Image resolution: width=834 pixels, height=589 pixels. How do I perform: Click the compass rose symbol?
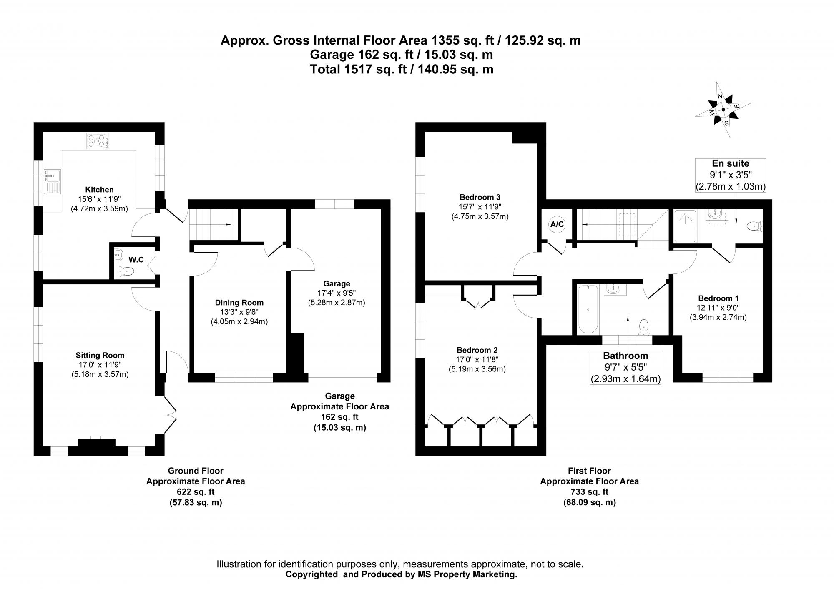pyautogui.click(x=723, y=110)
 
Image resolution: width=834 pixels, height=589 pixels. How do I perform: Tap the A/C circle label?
pyautogui.click(x=557, y=225)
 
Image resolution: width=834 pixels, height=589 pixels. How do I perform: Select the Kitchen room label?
pyautogui.click(x=99, y=190)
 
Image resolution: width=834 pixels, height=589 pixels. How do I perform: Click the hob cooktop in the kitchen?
pyautogui.click(x=97, y=141)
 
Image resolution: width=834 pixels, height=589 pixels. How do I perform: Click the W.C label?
pyautogui.click(x=136, y=260)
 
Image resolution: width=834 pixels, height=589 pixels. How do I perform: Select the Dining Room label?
pyautogui.click(x=239, y=303)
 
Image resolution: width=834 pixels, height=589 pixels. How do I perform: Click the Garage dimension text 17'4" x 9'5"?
pyautogui.click(x=336, y=293)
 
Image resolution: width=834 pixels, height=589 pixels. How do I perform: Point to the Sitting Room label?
pyautogui.click(x=100, y=355)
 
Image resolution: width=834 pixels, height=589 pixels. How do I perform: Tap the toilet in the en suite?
pyautogui.click(x=754, y=226)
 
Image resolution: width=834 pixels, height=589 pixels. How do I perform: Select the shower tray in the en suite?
pyautogui.click(x=685, y=226)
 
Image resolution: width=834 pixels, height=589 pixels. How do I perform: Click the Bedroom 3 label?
pyautogui.click(x=480, y=197)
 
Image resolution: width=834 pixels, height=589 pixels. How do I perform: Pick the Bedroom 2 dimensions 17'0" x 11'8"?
pyautogui.click(x=477, y=359)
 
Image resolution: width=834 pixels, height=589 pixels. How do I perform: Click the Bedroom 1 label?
pyautogui.click(x=718, y=298)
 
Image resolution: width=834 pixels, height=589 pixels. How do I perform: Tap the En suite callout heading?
pyautogui.click(x=730, y=163)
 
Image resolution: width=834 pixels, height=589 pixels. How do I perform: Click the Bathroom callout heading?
pyautogui.click(x=625, y=356)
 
